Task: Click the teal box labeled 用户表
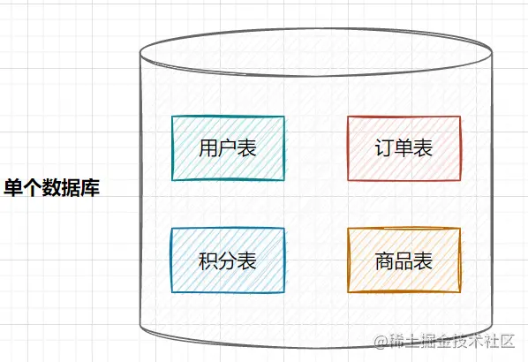tap(228, 148)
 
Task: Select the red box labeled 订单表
tap(404, 148)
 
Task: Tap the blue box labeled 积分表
tap(228, 260)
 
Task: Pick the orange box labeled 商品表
tap(404, 260)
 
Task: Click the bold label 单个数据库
tap(51, 187)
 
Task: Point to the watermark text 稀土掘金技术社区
tap(452, 341)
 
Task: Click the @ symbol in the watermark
tap(381, 342)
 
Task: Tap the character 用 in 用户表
tap(208, 147)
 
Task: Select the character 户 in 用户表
tap(228, 147)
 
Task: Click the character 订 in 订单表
tap(385, 147)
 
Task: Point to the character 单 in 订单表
tap(404, 147)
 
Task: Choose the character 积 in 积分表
tap(208, 260)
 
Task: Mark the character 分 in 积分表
tap(228, 260)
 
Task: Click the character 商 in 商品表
tap(385, 260)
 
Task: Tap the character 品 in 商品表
tap(404, 260)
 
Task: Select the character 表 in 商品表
tap(423, 260)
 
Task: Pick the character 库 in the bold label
tap(90, 187)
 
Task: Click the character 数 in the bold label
tap(51, 187)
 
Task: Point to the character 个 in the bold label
tap(33, 187)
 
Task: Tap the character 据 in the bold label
tap(71, 187)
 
